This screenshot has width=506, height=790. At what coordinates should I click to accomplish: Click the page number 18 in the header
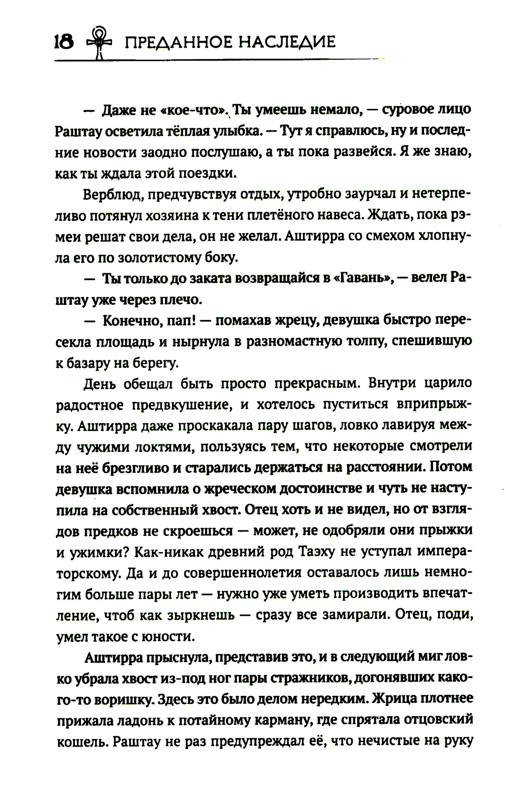point(64,42)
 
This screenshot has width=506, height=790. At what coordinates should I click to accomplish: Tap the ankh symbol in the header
point(99,43)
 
